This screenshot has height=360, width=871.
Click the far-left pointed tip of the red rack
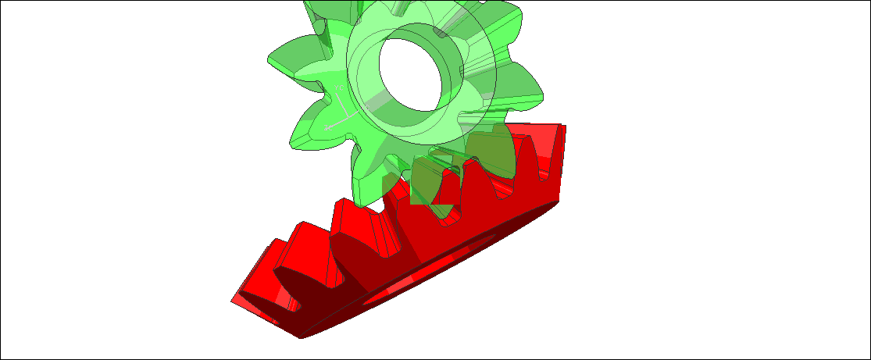(233, 299)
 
